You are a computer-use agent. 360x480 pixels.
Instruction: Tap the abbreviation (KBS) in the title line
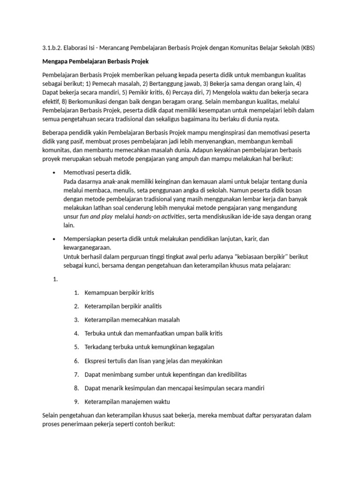307,47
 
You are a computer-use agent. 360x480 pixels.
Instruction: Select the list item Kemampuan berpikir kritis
119,292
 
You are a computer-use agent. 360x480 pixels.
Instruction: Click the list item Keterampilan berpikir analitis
123,306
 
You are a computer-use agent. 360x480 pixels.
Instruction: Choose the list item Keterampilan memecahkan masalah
132,320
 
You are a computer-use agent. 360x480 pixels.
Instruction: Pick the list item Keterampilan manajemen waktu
127,402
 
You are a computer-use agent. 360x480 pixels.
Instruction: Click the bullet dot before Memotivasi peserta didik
55,172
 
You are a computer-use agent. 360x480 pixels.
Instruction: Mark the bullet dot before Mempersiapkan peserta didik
55,239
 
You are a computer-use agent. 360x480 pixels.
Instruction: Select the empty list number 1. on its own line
55,279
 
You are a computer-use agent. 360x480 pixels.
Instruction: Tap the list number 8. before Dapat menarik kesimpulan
76,388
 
